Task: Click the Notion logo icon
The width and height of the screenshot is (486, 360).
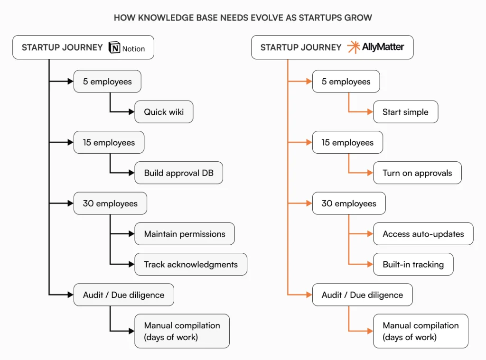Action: (x=114, y=48)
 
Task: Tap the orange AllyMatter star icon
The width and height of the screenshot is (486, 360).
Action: (x=354, y=47)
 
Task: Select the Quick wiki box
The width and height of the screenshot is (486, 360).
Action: (x=164, y=112)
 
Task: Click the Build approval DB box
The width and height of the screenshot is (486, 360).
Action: (x=178, y=173)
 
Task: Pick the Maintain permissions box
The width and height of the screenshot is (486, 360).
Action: (x=185, y=234)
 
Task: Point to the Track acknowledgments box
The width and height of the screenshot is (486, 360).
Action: (x=191, y=264)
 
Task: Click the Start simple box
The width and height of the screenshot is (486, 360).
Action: (x=405, y=112)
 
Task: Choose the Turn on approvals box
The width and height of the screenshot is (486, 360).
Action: (x=417, y=173)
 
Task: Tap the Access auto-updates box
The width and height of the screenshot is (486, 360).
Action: (x=423, y=234)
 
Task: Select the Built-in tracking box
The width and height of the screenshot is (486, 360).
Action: (x=413, y=264)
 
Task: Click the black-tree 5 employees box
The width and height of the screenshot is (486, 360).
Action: (x=107, y=82)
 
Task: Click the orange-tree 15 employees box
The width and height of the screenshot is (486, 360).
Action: (x=347, y=142)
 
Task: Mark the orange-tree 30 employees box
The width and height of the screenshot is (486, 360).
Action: (x=349, y=203)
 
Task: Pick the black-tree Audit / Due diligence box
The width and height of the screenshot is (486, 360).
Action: (x=123, y=295)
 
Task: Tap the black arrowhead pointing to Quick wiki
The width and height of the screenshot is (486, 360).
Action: (x=132, y=112)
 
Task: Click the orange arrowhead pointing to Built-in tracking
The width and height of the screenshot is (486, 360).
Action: (x=371, y=264)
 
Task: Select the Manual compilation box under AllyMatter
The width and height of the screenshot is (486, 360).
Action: (x=421, y=331)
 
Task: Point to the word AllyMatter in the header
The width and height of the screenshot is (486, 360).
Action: (x=383, y=47)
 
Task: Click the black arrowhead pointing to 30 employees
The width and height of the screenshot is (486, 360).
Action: (x=71, y=203)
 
